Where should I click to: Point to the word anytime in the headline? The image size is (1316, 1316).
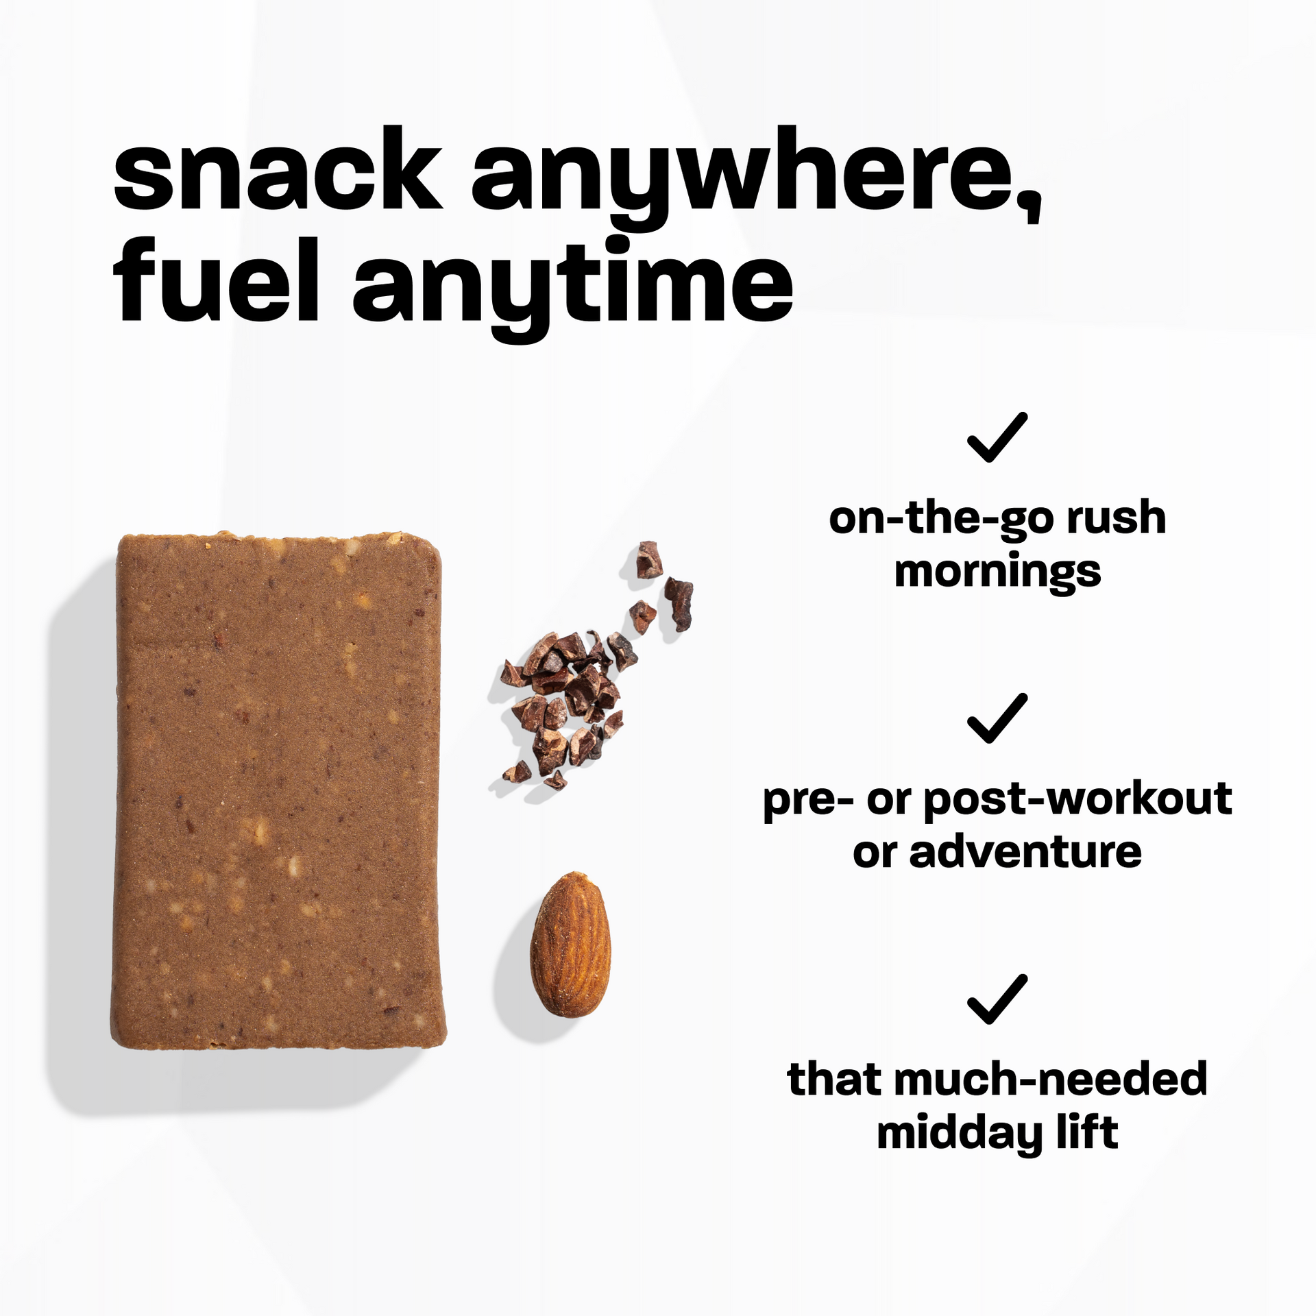(572, 284)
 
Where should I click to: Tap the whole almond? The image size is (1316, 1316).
(570, 945)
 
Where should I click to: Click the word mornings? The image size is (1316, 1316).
(997, 573)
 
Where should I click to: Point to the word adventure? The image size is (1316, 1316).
(1025, 852)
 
